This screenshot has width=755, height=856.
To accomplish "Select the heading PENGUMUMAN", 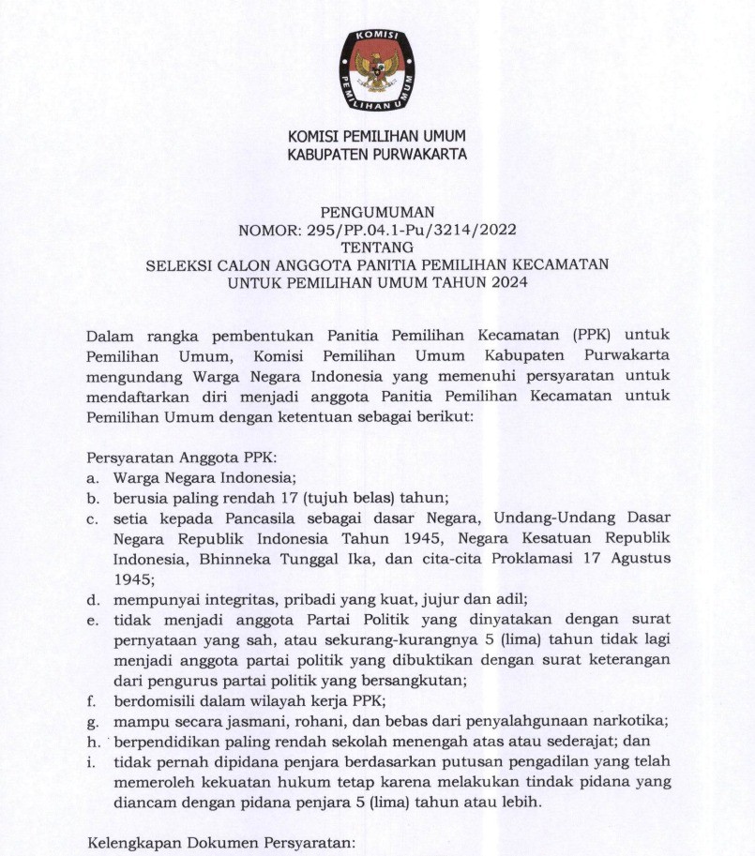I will coord(377,213).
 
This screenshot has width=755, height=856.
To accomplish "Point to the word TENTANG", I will coord(377,248).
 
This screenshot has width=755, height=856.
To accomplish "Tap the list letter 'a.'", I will coord(93,477).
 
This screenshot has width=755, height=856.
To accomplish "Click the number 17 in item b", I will coord(265,496).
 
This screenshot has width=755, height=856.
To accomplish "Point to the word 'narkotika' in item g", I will coord(631,720).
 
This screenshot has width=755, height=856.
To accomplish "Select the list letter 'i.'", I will coord(91,761).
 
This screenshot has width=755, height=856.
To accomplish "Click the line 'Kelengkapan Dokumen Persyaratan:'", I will coord(221,844).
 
